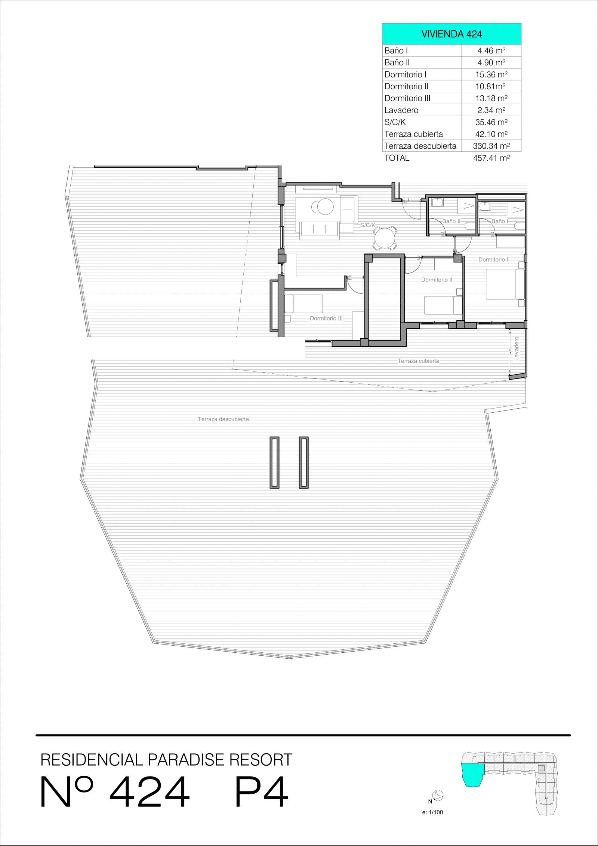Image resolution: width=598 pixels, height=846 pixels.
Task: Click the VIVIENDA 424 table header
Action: coord(451,34)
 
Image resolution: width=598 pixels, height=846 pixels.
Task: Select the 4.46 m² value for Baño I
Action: coord(491,50)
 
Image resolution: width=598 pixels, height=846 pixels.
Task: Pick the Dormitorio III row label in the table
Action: coord(407,98)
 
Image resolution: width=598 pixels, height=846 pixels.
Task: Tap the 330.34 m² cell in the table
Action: coord(491,146)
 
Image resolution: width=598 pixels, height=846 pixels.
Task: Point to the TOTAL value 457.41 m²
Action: coord(491,158)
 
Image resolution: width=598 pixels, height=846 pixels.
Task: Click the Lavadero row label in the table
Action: coord(401,110)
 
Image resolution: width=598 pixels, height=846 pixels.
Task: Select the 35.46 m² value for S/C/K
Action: coord(491,122)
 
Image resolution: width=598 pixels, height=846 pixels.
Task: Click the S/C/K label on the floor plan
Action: coord(368,225)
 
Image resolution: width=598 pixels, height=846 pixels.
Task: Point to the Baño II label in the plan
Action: coord(451,221)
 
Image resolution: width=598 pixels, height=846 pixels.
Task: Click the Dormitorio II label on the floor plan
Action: coord(437,280)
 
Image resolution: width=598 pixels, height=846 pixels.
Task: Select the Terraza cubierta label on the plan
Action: coord(418,361)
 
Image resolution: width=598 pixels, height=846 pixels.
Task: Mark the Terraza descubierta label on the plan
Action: coord(224,419)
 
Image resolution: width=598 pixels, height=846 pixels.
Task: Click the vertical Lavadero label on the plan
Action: coord(517,349)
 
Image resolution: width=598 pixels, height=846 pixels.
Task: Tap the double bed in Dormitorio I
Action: coord(505,284)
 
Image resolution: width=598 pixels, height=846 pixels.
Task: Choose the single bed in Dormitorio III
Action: coord(303,304)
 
